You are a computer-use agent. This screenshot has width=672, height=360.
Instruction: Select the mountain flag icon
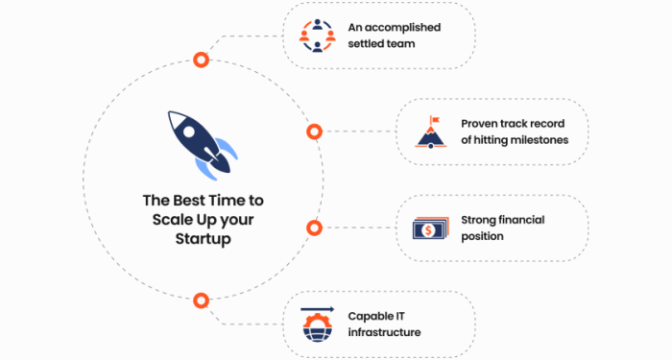432,132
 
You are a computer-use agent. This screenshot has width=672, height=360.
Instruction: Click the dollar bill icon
428,228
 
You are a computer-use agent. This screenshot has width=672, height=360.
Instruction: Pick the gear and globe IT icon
317,324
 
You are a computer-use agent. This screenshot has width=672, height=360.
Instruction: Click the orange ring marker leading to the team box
201,60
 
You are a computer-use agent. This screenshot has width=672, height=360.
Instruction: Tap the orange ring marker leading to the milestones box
314,132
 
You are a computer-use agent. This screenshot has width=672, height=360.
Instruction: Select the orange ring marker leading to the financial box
314,228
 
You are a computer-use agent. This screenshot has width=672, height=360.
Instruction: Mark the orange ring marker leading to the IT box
201,300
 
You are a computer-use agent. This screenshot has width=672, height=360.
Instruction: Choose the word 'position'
483,236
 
